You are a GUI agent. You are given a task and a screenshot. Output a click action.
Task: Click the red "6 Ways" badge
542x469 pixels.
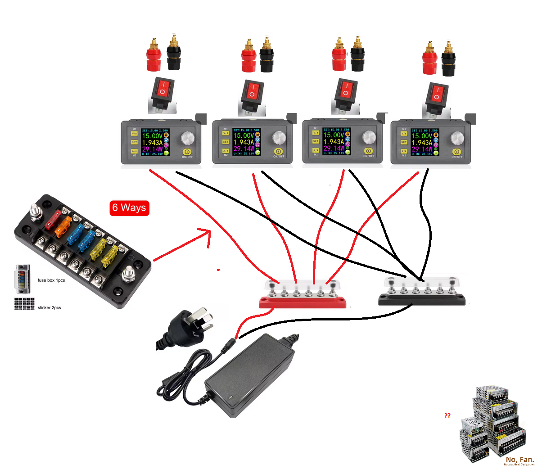129,207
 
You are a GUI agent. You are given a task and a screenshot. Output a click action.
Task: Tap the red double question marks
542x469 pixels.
447,416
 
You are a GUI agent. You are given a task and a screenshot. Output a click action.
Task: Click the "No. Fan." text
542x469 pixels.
520,460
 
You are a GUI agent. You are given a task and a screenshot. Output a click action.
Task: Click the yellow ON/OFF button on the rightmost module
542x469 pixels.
456,152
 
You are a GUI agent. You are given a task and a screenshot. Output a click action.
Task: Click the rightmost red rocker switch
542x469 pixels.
437,95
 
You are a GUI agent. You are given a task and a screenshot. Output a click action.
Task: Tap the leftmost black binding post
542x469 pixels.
174,54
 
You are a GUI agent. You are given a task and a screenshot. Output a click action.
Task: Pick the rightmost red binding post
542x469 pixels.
429,59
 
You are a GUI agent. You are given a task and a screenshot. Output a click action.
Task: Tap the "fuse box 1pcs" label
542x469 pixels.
51,280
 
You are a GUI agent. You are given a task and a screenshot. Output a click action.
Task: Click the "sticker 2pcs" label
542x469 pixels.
49,308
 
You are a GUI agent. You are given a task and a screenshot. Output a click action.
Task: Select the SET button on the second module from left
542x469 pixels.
226,142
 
